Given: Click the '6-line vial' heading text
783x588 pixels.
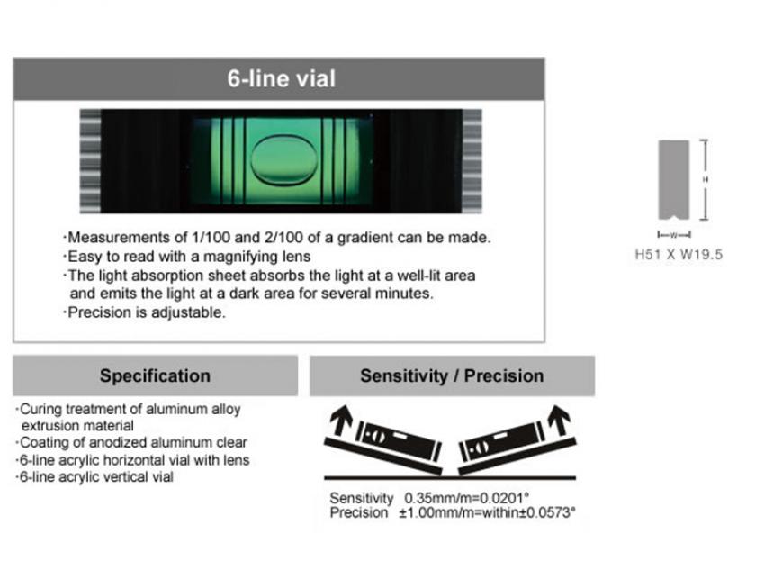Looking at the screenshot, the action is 281,79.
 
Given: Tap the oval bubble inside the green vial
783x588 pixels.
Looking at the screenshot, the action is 284,160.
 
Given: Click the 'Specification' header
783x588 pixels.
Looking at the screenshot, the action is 155,375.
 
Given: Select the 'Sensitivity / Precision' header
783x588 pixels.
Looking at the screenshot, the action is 452,375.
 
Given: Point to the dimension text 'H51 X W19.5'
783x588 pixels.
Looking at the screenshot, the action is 679,254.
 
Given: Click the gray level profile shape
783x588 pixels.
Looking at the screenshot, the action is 673,180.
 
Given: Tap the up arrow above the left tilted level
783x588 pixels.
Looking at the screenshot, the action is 342,420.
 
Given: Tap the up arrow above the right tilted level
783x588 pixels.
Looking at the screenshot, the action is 559,420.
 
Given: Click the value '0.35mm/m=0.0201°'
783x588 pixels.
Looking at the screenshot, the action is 467,498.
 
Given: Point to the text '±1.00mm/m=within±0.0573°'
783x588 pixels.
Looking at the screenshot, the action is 487,512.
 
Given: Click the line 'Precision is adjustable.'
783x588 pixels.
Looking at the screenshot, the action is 144,312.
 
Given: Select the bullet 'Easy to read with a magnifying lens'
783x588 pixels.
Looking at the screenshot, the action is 187,257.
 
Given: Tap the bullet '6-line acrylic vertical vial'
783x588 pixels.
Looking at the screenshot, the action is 94,477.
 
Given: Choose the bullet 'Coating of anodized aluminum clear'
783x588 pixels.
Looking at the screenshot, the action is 131,443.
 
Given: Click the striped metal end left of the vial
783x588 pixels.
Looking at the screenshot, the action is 90,161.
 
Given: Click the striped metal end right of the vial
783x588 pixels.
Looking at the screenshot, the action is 472,161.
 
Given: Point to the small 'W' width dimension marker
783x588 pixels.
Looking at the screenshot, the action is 674,234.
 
